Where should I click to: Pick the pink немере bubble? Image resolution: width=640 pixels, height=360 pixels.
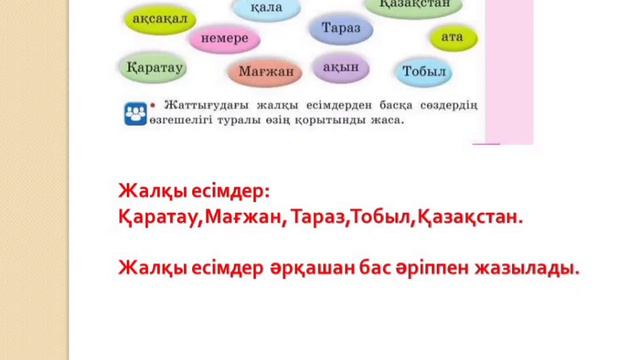click(224, 39)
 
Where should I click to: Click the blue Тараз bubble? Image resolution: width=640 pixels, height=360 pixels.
click(341, 29)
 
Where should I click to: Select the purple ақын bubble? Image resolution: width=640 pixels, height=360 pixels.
click(340, 66)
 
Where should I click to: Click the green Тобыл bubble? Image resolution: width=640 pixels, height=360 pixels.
click(425, 71)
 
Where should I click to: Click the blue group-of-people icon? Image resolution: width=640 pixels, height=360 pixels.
click(133, 112)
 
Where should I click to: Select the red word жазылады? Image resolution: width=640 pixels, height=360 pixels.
click(536, 267)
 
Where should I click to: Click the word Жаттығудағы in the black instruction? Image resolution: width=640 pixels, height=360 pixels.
click(199, 106)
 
